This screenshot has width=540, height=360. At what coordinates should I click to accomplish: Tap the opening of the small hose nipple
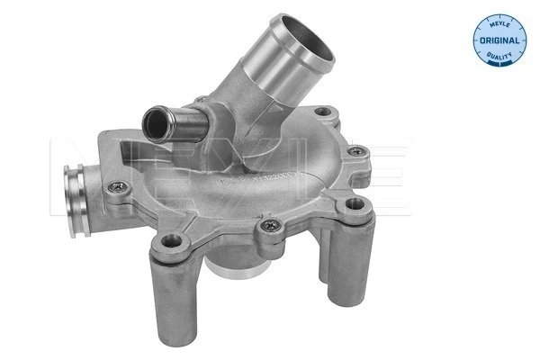[x=154, y=116]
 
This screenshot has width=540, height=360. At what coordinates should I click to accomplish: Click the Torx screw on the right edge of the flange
[x=357, y=152]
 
